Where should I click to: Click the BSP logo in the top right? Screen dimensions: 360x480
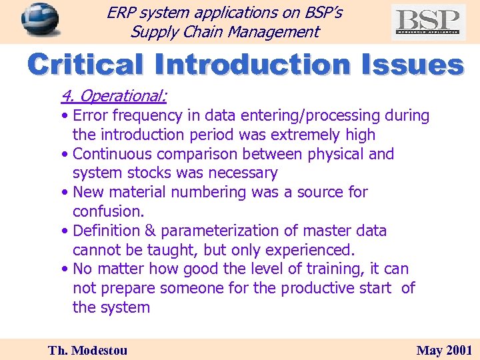(x=428, y=21)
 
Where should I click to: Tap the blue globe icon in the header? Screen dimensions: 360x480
(x=39, y=20)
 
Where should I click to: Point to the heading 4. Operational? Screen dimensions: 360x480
(x=113, y=96)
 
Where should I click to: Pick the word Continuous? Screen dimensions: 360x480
(x=113, y=154)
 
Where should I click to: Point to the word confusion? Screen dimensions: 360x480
(x=107, y=211)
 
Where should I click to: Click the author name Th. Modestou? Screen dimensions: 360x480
(x=87, y=350)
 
